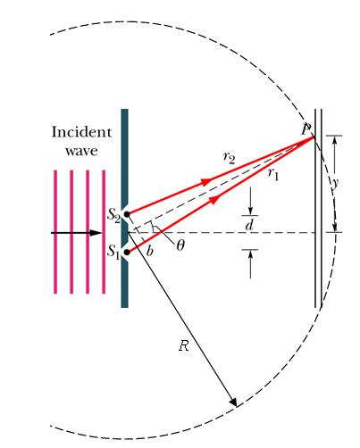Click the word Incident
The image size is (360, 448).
point(81,132)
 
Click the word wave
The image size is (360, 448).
point(81,151)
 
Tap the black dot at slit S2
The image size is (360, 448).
point(127,214)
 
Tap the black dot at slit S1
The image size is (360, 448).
point(127,253)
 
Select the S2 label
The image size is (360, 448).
point(113,215)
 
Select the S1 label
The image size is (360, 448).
point(113,253)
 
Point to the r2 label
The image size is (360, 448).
point(230,157)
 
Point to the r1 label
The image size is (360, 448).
point(273,173)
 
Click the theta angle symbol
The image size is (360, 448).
point(180,245)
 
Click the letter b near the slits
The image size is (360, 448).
point(150,251)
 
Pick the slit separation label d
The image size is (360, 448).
point(249,225)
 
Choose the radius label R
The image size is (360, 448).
point(184,345)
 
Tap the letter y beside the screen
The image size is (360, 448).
point(336,183)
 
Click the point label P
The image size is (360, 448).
point(306,129)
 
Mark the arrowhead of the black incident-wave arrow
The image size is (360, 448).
point(96,233)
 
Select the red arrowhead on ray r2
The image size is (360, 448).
point(207,182)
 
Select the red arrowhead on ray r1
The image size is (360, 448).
point(216,199)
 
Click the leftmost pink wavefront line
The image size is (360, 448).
point(55,232)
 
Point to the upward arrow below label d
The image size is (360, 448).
point(250,264)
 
